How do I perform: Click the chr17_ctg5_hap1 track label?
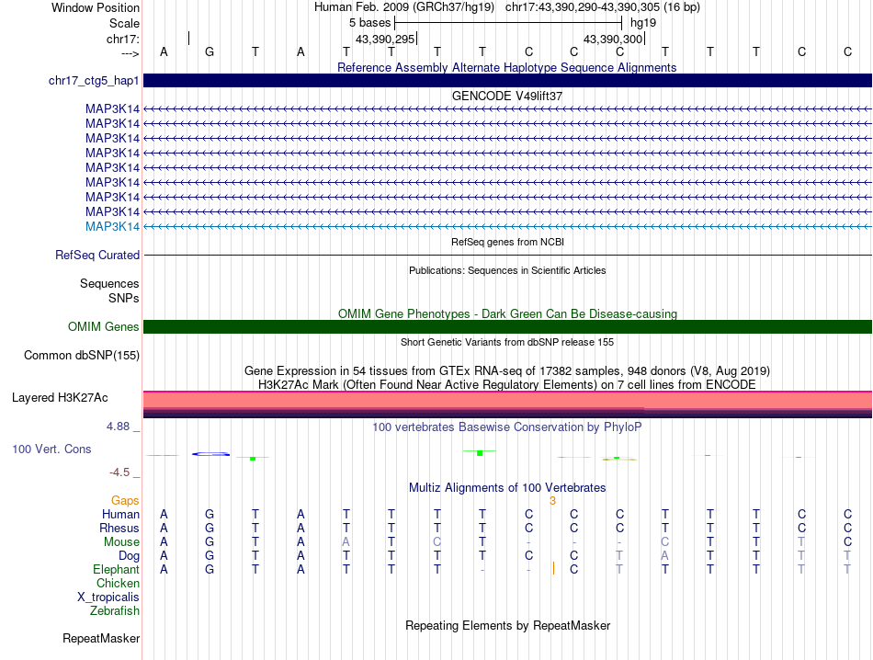[x=94, y=81]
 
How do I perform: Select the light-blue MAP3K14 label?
[x=112, y=226]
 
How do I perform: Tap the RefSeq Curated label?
[x=97, y=255]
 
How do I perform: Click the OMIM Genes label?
[x=104, y=326]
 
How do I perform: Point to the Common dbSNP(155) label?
[x=82, y=354]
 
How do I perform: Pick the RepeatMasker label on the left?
[x=101, y=637]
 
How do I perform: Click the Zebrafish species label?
[x=115, y=610]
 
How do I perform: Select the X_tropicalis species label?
[x=108, y=597]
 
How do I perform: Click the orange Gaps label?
[x=125, y=500]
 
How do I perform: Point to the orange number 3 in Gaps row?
[x=552, y=500]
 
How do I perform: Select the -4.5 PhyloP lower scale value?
[x=120, y=472]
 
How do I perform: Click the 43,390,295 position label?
[x=386, y=39]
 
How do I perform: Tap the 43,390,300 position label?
[x=614, y=39]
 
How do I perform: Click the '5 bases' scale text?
[x=369, y=21]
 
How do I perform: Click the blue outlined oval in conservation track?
[x=210, y=453]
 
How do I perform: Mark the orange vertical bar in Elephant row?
[x=553, y=569]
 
